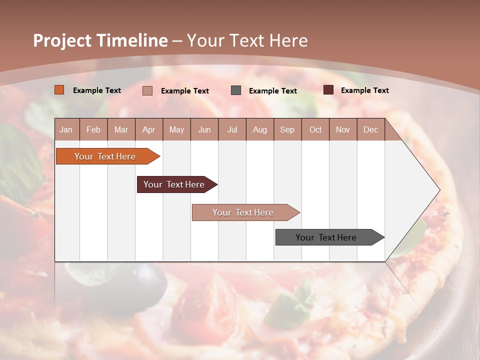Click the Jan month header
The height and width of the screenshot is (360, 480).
pyautogui.click(x=66, y=129)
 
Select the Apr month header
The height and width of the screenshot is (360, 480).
pyautogui.click(x=149, y=129)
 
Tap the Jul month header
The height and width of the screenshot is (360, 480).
pyautogui.click(x=232, y=129)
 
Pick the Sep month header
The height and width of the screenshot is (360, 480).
pyautogui.click(x=287, y=129)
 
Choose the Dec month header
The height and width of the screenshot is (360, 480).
pyautogui.click(x=370, y=129)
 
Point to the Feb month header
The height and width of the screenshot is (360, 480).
pyautogui.click(x=93, y=129)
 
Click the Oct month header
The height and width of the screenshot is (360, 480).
pyautogui.click(x=315, y=129)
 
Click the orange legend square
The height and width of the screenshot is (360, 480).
pyautogui.click(x=59, y=90)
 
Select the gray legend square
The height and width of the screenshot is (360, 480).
pyautogui.click(x=236, y=90)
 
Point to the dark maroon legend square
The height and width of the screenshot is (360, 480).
pyautogui.click(x=328, y=90)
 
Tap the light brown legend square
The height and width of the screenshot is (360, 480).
pyautogui.click(x=147, y=90)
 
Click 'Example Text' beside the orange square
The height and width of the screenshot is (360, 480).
pyautogui.click(x=97, y=90)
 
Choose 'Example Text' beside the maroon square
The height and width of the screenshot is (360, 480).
pyautogui.click(x=365, y=90)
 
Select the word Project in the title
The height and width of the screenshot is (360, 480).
pyautogui.click(x=62, y=40)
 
